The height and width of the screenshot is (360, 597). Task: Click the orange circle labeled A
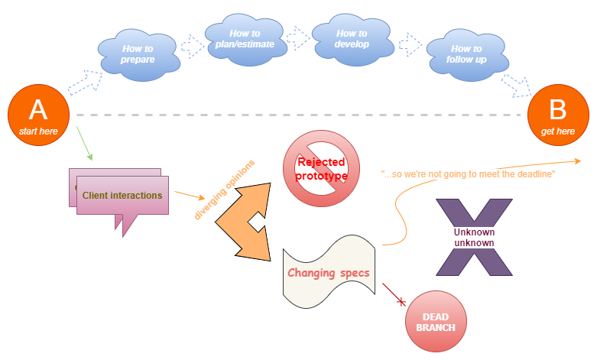point(38,115)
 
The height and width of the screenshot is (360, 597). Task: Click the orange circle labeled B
point(558,115)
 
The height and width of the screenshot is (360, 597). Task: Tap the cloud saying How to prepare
point(138,54)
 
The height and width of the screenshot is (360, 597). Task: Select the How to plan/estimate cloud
point(244,39)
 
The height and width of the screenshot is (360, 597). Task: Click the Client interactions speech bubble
point(122,196)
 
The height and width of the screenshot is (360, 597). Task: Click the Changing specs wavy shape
point(328,273)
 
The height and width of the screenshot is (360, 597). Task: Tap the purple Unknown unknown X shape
point(474,237)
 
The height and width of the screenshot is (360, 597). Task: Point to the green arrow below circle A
point(83,144)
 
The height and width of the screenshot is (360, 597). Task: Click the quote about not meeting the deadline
point(467,174)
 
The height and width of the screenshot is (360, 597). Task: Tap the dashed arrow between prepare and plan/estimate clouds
point(192,45)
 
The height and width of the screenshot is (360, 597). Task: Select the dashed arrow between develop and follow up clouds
point(410,42)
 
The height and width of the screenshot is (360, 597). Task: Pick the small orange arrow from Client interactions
point(189,199)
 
